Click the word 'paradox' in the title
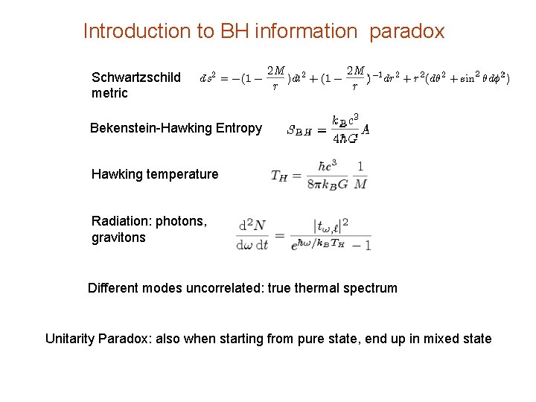[x=406, y=31]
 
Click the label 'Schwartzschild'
[x=136, y=77]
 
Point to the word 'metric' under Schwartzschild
[x=109, y=93]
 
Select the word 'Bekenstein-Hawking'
[x=150, y=128]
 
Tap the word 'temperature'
[x=183, y=174]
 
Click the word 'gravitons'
[x=118, y=237]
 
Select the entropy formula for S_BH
[x=328, y=128]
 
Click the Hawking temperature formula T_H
[x=318, y=175]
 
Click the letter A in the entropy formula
[x=366, y=129]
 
